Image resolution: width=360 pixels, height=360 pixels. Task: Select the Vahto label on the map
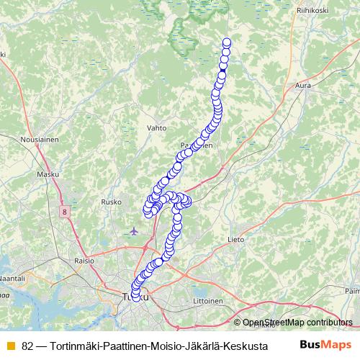[156, 127]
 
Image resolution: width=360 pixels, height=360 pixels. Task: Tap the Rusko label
[112, 202]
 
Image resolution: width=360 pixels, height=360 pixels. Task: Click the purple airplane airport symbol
[135, 231]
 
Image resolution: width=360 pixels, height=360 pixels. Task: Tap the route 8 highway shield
[64, 212]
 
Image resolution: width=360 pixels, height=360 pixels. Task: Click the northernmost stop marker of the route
[228, 42]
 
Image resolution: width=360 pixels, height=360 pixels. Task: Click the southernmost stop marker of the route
[135, 297]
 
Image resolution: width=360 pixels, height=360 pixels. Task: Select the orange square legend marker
[10, 346]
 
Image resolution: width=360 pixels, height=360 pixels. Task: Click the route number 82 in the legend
[27, 346]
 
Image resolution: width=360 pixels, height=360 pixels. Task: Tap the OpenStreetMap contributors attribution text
[297, 323]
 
